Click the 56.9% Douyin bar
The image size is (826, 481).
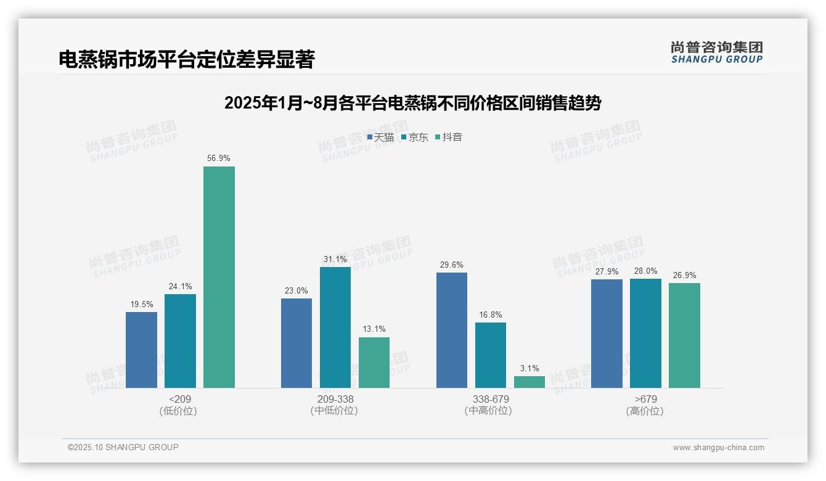(219, 277)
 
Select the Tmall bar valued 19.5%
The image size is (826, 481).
(141, 350)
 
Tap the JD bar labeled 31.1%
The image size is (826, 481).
(335, 327)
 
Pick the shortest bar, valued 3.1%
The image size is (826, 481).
(530, 382)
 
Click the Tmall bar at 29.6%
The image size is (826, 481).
(451, 330)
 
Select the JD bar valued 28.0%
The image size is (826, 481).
(645, 333)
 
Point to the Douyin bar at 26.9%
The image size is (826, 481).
(684, 335)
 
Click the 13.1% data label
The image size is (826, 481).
(374, 329)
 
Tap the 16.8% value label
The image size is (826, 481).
(491, 315)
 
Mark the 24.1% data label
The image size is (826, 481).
(180, 286)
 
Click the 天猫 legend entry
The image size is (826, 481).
(380, 138)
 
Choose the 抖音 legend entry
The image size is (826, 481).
(449, 138)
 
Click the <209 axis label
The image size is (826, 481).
(179, 400)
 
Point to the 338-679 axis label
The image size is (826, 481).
(491, 400)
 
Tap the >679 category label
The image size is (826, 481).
(645, 400)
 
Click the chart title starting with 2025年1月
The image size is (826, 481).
(412, 103)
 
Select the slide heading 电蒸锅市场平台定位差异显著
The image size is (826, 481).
(187, 60)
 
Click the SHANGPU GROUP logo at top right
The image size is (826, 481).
(716, 52)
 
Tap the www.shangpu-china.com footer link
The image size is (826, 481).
(718, 448)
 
